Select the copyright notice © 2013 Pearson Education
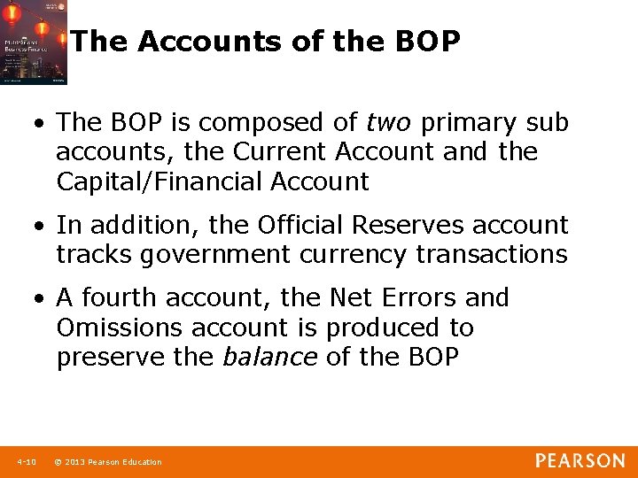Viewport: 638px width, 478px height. click(x=107, y=462)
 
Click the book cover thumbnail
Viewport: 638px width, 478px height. click(x=34, y=42)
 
